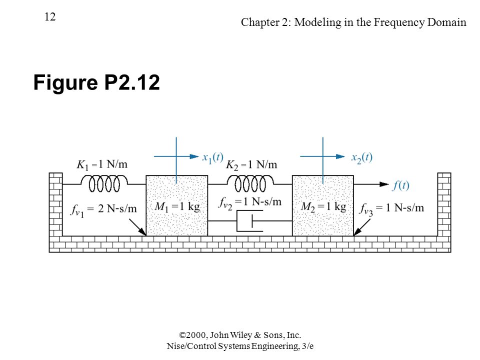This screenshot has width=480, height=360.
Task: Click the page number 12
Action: tap(50, 16)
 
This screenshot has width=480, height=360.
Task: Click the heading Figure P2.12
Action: tap(96, 82)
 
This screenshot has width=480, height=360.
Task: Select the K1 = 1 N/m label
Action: tap(102, 164)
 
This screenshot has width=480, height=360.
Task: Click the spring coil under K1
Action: tap(104, 183)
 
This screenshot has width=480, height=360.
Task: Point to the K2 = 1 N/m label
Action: tap(251, 164)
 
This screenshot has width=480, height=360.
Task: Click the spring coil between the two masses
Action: tap(250, 183)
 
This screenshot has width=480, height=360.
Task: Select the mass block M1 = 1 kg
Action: tap(177, 205)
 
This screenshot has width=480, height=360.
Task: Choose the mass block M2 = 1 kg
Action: tap(323, 205)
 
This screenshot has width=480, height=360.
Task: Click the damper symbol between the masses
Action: tap(250, 220)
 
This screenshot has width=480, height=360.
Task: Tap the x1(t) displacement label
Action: tap(213, 157)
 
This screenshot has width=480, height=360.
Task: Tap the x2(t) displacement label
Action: tap(362, 157)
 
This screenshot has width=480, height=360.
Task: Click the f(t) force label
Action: tap(400, 185)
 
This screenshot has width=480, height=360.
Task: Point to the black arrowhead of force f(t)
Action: tap(384, 184)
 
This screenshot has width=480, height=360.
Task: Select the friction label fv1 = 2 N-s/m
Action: tap(103, 209)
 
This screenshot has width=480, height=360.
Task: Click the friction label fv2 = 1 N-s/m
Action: tap(250, 202)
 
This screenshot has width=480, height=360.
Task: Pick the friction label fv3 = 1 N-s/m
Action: tap(391, 209)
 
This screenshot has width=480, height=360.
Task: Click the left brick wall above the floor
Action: tap(55, 204)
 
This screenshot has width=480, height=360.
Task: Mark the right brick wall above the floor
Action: tap(444, 204)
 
